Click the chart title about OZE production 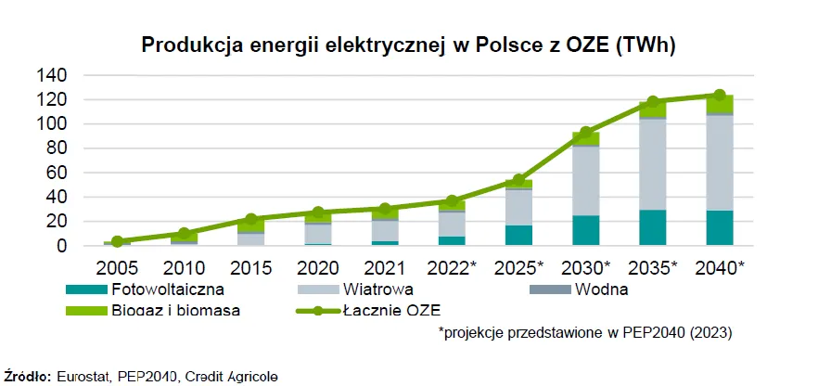click(419, 45)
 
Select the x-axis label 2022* click(450, 268)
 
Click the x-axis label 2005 click(117, 268)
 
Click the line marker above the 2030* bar click(585, 133)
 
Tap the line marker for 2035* click(652, 102)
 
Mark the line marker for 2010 click(184, 234)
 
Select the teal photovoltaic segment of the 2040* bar click(719, 228)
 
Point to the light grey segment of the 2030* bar click(585, 181)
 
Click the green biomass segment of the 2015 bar click(250, 225)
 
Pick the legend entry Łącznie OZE click(395, 310)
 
